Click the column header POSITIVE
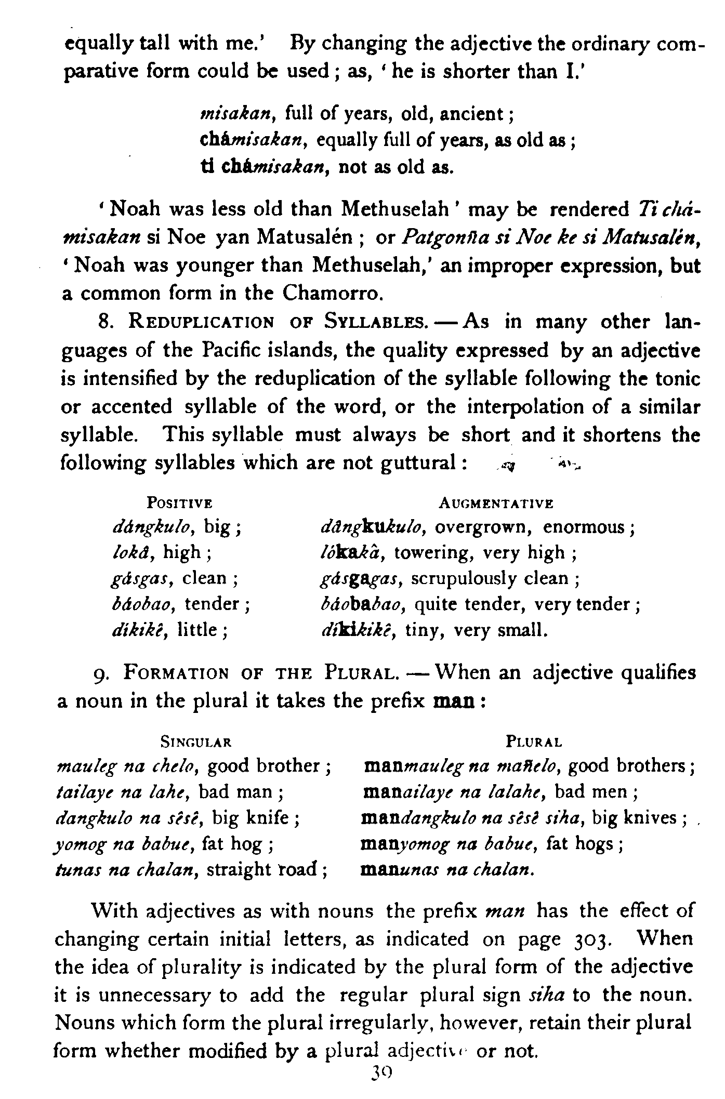click(x=180, y=503)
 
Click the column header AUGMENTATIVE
click(x=496, y=503)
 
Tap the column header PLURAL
click(x=534, y=742)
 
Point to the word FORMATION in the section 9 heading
click(x=176, y=673)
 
